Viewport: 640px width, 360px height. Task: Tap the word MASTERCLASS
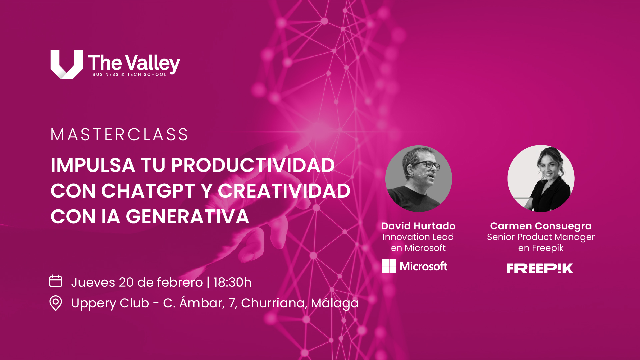119,135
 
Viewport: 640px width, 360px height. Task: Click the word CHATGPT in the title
148,191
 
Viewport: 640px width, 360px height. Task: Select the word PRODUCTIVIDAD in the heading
253,165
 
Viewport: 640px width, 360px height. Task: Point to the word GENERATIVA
187,217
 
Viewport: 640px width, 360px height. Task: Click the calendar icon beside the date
56,281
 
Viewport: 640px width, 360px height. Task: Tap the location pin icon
56,303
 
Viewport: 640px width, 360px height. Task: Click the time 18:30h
232,282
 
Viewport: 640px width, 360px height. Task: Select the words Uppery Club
110,303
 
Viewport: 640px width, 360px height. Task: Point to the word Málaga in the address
335,303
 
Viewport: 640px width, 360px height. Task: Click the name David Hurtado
418,226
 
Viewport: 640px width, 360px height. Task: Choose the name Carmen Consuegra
541,226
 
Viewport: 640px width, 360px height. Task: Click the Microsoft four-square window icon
389,266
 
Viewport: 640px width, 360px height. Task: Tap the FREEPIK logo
540,268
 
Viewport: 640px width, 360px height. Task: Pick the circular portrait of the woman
541,178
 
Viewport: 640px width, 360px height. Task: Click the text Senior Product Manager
541,237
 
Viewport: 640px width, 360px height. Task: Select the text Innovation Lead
418,237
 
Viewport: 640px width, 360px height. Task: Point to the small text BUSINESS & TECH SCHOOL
129,74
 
